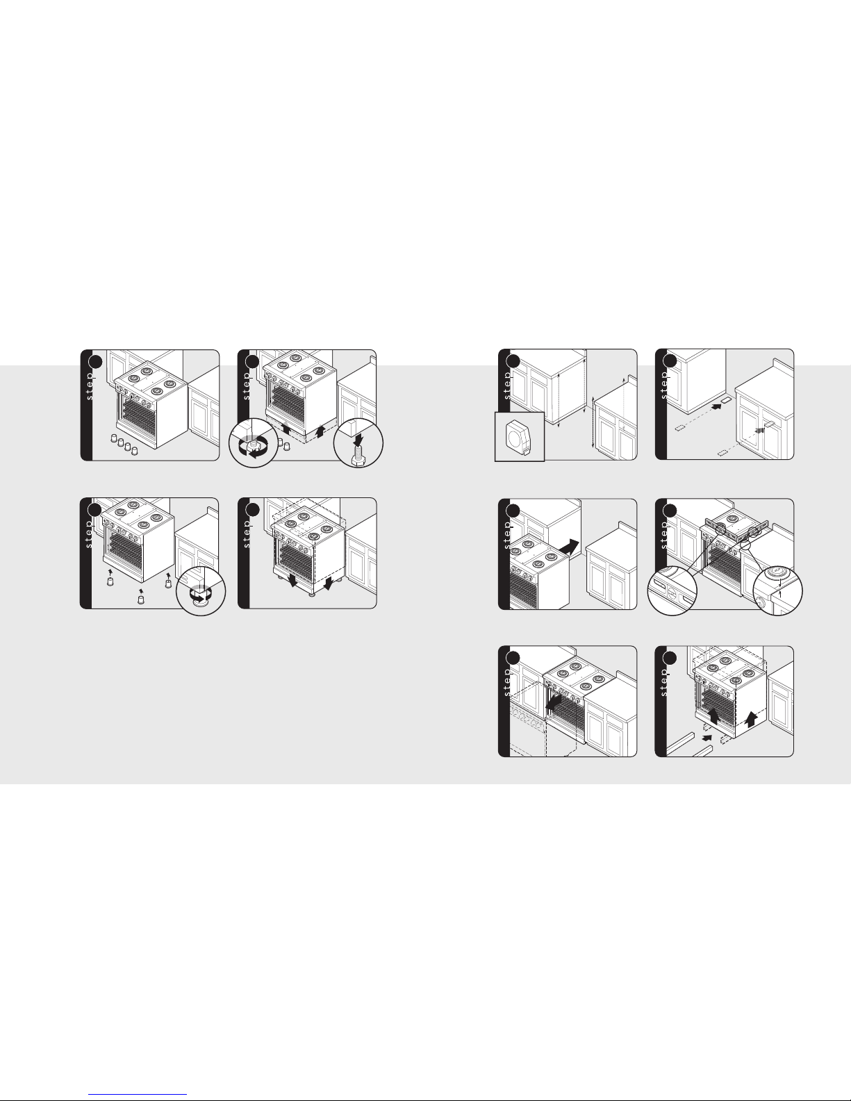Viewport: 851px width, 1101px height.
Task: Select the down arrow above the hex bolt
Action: click(358, 437)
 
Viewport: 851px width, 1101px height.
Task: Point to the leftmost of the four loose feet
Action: click(114, 438)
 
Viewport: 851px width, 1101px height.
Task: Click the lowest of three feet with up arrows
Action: click(141, 600)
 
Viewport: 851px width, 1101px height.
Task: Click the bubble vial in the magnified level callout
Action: click(672, 590)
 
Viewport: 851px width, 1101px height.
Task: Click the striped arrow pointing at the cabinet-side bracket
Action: click(759, 430)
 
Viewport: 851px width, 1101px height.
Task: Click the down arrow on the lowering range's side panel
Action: click(328, 583)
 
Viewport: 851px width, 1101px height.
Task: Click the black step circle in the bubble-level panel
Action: click(670, 511)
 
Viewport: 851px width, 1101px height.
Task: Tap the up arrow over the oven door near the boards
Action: click(713, 715)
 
